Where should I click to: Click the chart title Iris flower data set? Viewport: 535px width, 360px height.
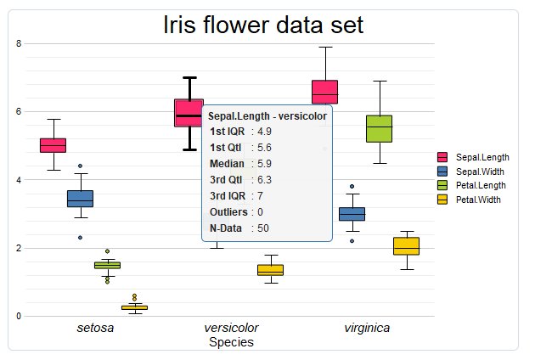263,25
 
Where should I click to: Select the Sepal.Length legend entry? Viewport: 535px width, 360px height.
473,157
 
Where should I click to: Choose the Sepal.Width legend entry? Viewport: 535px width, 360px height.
470,172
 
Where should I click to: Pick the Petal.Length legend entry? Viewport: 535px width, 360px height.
471,185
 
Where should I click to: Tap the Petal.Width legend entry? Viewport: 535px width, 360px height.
469,200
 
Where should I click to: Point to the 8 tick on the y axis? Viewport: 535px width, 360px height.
19,43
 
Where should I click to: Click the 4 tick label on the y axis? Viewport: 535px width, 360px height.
19,180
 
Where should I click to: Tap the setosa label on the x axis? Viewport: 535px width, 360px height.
95,328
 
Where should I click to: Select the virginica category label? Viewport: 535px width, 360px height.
367,328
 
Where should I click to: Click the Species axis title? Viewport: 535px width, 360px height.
231,342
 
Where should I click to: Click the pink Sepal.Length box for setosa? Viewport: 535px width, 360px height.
53,145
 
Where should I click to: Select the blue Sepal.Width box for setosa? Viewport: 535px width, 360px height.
80,199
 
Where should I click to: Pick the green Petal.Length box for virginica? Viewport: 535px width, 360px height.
379,129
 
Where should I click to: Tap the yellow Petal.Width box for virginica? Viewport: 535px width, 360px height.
407,246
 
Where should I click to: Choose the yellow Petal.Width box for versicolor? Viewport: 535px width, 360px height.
270,270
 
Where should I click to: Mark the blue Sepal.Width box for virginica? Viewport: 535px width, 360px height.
352,214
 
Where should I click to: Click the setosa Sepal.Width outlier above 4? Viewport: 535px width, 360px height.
80,166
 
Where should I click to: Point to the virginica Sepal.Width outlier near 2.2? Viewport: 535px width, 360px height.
352,241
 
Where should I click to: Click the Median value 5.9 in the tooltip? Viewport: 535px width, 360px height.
264,164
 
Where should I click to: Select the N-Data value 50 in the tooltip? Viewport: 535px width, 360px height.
263,228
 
